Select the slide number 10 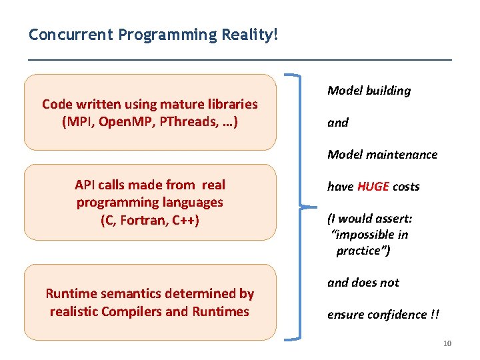coord(447,343)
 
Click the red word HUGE coord(373,187)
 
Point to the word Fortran coord(145,221)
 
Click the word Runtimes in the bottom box coord(221,311)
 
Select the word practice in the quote coord(361,251)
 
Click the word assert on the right coord(383,219)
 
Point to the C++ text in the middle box coord(185,221)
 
